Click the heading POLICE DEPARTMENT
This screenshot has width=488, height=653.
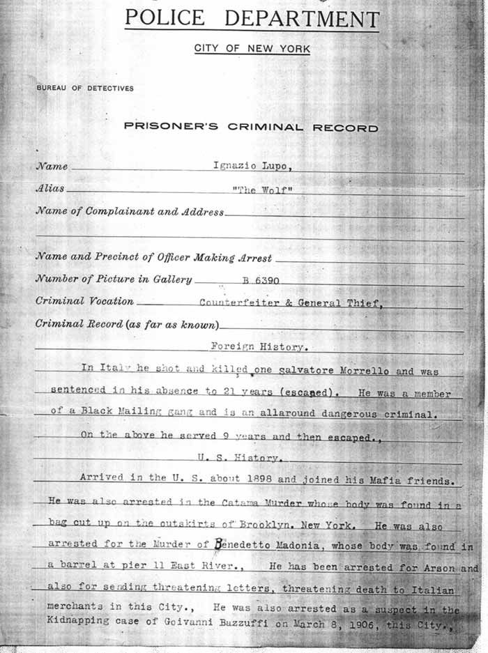click(x=252, y=19)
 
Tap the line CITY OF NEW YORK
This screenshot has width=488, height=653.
click(x=252, y=49)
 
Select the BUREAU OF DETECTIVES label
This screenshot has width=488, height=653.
click(x=85, y=89)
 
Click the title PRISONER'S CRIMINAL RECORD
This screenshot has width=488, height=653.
click(x=251, y=128)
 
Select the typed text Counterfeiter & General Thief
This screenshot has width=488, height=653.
click(x=291, y=302)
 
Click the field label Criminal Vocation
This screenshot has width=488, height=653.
click(x=84, y=302)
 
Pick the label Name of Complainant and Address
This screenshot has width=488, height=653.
click(x=130, y=212)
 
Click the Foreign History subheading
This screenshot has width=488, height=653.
click(x=259, y=346)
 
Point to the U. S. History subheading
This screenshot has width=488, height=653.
click(x=239, y=458)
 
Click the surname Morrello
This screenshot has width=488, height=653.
click(x=352, y=371)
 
